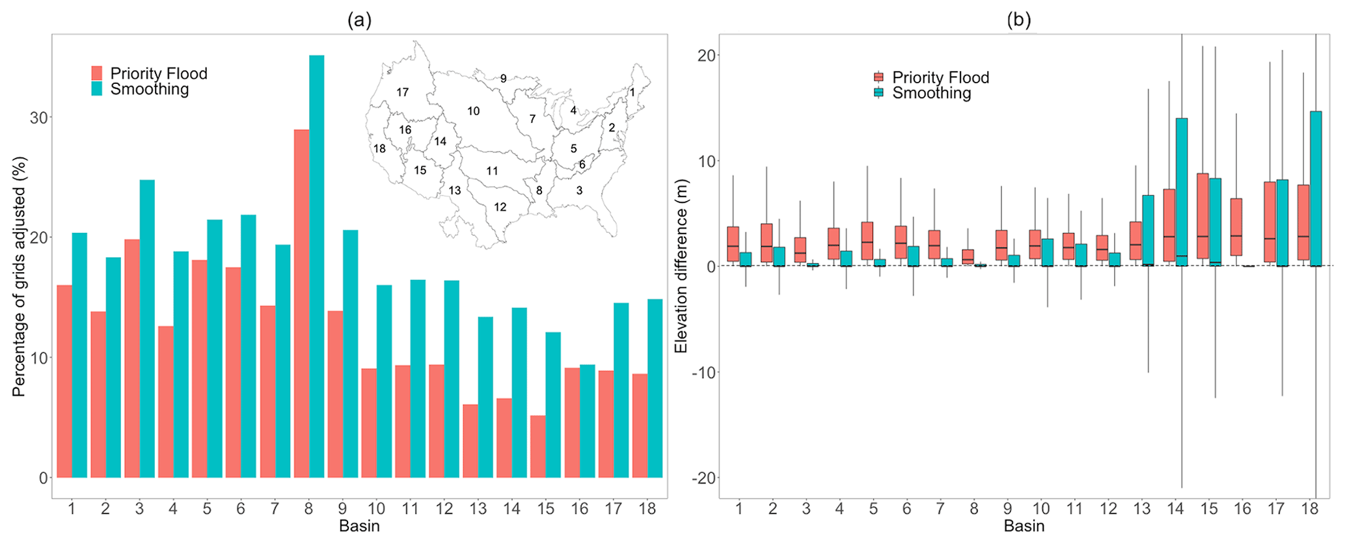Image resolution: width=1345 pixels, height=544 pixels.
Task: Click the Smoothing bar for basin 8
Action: tap(316, 267)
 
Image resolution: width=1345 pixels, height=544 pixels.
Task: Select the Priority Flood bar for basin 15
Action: tap(537, 446)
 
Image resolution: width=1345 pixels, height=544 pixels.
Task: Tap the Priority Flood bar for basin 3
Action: tap(131, 359)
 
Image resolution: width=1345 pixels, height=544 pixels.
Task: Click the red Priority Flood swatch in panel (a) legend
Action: tap(97, 73)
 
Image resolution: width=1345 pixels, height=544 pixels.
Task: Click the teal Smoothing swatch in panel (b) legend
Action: tap(878, 93)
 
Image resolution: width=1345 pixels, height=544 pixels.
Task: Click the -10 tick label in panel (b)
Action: tap(702, 373)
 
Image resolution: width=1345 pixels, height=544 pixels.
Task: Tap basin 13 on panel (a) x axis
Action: tap(478, 509)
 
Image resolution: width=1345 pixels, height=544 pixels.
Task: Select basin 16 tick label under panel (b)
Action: tap(1242, 509)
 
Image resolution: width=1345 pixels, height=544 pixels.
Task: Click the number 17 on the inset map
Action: tap(403, 92)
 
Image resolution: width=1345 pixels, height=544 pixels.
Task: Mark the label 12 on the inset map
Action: tap(500, 207)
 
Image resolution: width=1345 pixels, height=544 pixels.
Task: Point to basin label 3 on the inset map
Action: tap(579, 191)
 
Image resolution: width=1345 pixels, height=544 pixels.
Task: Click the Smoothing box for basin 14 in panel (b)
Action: tap(1182, 192)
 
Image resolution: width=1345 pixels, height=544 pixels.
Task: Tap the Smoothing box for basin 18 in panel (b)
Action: tap(1316, 189)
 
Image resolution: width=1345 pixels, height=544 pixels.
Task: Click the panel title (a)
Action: tap(359, 20)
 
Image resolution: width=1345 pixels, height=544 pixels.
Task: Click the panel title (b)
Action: tap(1019, 20)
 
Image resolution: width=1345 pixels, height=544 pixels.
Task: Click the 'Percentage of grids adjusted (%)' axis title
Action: tap(19, 277)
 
